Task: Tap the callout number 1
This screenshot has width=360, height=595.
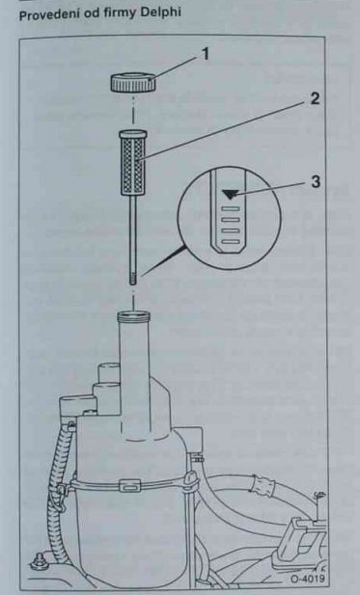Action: (x=205, y=54)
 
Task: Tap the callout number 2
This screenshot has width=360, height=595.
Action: (x=315, y=99)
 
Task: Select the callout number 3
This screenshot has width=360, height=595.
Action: (x=316, y=182)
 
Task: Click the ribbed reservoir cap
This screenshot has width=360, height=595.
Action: (x=133, y=83)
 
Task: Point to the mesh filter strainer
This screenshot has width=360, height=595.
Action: (x=133, y=162)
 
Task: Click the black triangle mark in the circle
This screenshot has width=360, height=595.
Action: (x=230, y=195)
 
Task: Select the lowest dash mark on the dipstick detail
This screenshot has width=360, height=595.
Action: (x=231, y=241)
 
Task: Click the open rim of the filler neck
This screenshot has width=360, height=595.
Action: (x=133, y=315)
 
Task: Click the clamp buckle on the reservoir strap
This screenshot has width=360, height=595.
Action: (x=129, y=484)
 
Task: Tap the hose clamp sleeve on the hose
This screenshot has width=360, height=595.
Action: (x=264, y=484)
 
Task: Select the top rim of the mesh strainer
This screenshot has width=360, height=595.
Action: (x=133, y=134)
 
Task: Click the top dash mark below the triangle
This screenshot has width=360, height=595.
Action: (x=231, y=208)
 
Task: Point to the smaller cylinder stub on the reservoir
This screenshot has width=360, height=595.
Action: (x=109, y=372)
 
